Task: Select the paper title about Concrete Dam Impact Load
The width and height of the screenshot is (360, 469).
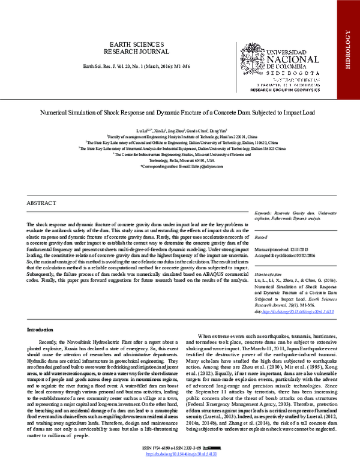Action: tap(179, 112)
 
